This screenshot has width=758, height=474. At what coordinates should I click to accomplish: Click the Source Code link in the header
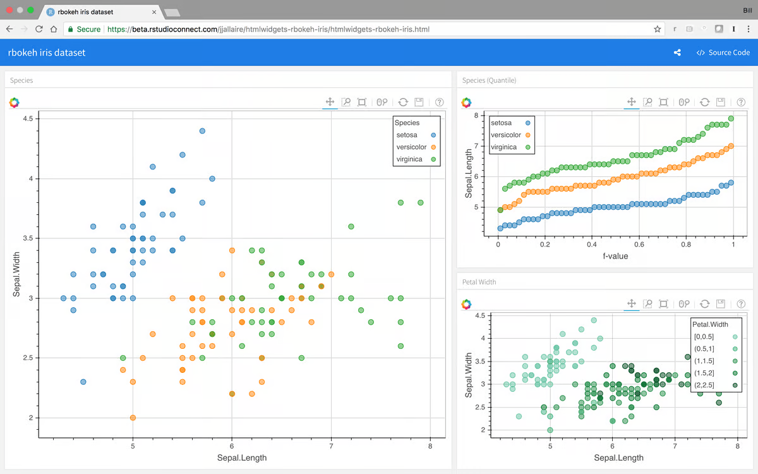click(723, 53)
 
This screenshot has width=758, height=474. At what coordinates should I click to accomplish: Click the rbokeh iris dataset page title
click(47, 53)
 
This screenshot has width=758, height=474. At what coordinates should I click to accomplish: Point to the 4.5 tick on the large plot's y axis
click(27, 119)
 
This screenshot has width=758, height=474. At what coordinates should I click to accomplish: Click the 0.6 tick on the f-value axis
click(639, 244)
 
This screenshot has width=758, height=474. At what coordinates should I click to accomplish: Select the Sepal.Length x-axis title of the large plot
click(242, 458)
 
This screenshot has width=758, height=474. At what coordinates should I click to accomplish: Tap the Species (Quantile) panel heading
click(489, 80)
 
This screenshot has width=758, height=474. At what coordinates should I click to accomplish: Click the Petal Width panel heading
click(479, 282)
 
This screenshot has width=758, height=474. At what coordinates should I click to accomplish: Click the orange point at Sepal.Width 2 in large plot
click(133, 418)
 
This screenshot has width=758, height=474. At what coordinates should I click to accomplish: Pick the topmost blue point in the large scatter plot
click(202, 131)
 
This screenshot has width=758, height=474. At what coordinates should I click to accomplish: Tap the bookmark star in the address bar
click(658, 29)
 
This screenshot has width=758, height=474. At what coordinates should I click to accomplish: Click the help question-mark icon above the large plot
click(440, 102)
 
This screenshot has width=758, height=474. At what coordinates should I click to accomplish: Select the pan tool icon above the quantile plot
click(631, 102)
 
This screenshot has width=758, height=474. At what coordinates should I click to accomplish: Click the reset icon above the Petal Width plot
click(705, 305)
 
